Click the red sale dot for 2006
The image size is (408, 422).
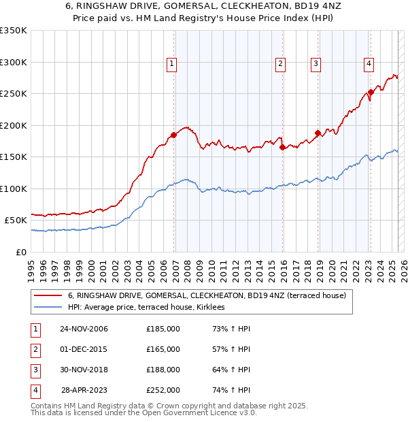(x=174, y=135)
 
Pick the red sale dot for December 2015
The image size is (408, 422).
(x=282, y=147)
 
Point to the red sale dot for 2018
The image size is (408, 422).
(x=318, y=133)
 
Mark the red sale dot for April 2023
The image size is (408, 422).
(x=371, y=92)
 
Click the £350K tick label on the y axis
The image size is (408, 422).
(x=14, y=31)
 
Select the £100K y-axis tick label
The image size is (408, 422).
(x=14, y=189)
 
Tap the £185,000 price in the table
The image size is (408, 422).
(x=163, y=329)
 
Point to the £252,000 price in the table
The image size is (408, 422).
(x=163, y=390)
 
